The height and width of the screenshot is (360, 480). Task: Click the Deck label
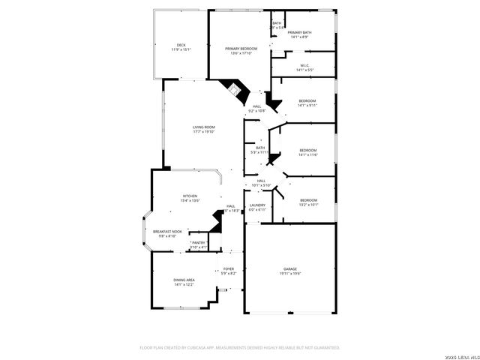[x=181, y=45]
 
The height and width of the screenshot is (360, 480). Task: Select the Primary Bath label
[x=299, y=32]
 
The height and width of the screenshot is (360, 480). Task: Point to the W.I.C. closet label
[x=304, y=65]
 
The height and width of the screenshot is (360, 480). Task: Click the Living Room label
[x=203, y=127]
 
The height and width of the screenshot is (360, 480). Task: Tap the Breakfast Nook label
[x=167, y=232]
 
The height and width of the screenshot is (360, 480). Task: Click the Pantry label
[x=199, y=242]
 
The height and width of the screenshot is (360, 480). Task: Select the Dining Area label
[x=184, y=280]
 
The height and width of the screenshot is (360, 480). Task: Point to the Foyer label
[x=228, y=268]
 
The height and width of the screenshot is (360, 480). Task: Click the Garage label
[x=290, y=268]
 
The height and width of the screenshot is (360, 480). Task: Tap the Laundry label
[x=258, y=205]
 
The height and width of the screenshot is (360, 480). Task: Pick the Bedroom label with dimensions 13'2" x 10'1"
[x=308, y=200]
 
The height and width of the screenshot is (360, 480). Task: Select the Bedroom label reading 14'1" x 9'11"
[x=307, y=100]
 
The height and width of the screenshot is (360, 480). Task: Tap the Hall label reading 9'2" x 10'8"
[x=257, y=106]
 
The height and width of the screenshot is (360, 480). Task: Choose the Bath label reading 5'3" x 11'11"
[x=260, y=148]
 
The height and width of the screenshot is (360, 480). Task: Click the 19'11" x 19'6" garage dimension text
[x=290, y=273]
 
